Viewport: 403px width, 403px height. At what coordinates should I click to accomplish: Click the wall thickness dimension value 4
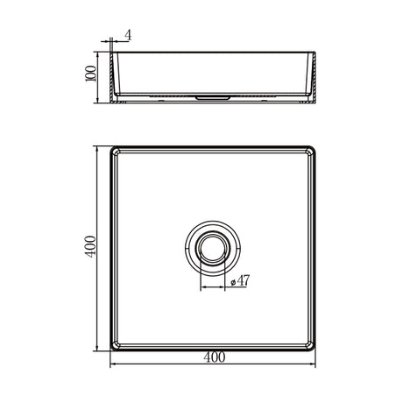pyautogui.click(x=128, y=35)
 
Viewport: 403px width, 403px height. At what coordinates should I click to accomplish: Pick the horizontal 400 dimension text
pyautogui.click(x=214, y=357)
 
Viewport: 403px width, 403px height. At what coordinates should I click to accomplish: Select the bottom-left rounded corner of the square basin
pyautogui.click(x=114, y=348)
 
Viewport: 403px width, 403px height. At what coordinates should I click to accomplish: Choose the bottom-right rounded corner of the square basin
pyautogui.click(x=314, y=348)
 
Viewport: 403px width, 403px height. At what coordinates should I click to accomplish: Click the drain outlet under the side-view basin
pyautogui.click(x=214, y=99)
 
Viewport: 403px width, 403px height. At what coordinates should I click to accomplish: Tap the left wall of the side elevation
pyautogui.click(x=115, y=74)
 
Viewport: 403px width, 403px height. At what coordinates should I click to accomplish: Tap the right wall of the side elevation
pyautogui.click(x=313, y=74)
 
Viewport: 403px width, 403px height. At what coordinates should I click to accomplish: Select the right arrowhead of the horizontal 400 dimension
pyautogui.click(x=314, y=366)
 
